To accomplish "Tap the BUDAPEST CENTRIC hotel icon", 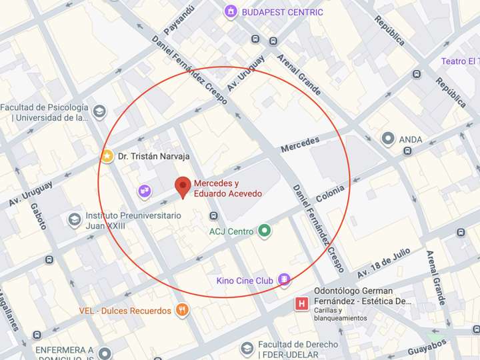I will [x=231, y=11].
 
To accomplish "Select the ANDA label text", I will [x=411, y=139].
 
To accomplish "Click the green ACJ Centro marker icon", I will [x=265, y=231].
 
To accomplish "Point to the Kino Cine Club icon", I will [x=285, y=280].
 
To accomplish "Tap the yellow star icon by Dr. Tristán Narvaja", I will [x=107, y=156].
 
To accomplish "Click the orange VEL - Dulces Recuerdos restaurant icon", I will [x=181, y=310].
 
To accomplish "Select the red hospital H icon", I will [x=301, y=304].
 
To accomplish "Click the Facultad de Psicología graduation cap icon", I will [x=99, y=111].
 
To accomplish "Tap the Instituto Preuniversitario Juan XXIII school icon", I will [x=75, y=219].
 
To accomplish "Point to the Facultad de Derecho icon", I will [x=247, y=349].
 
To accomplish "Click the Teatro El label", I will [x=460, y=61].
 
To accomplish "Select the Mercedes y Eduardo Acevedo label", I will [x=227, y=189].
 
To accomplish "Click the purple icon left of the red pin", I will [x=144, y=191].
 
